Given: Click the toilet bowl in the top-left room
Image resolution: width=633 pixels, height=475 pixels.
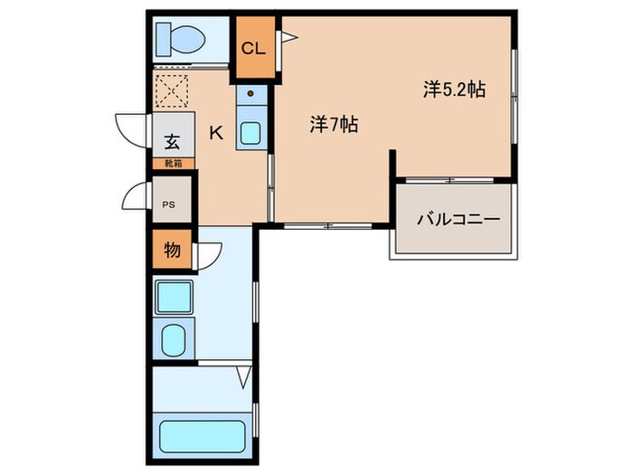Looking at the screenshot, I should [x=181, y=39].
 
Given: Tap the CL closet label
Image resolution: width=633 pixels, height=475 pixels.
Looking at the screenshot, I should [x=253, y=49].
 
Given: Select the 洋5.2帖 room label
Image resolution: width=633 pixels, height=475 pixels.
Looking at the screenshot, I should [x=454, y=90].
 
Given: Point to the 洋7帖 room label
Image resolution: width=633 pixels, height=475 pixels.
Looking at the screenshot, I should [x=334, y=126].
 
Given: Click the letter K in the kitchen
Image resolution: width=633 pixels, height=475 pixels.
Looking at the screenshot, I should [x=216, y=133].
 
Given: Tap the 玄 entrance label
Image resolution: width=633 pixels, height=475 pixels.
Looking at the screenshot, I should [x=171, y=141].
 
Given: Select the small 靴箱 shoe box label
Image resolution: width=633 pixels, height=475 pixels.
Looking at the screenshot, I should [x=172, y=164].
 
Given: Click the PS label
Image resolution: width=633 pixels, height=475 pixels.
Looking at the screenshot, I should [x=169, y=204].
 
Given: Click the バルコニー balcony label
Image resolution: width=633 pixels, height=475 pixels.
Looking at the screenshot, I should [x=458, y=220].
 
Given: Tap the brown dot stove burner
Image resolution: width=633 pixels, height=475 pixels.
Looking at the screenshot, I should [x=250, y=93].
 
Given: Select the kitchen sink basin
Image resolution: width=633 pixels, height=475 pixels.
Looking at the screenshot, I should [x=250, y=132].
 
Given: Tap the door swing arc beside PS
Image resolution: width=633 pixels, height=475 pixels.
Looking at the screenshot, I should [x=136, y=196].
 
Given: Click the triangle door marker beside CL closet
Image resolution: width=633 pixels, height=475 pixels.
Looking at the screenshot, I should [x=288, y=37].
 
